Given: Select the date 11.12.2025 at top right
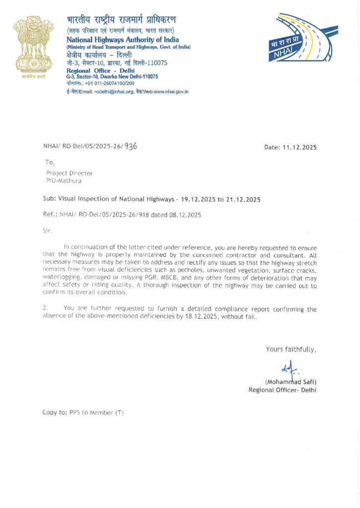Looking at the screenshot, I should pos(299,147).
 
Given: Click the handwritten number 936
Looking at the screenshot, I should pos(131,146).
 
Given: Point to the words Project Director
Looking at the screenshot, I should pos(70,173).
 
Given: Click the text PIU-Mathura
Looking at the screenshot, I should pos(64,181).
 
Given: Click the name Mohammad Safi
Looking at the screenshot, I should pos(290,381).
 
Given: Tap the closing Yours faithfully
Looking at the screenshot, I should pos(290,349).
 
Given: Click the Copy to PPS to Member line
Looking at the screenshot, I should pos(83,413).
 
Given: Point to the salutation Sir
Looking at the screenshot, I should pos(48,230).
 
